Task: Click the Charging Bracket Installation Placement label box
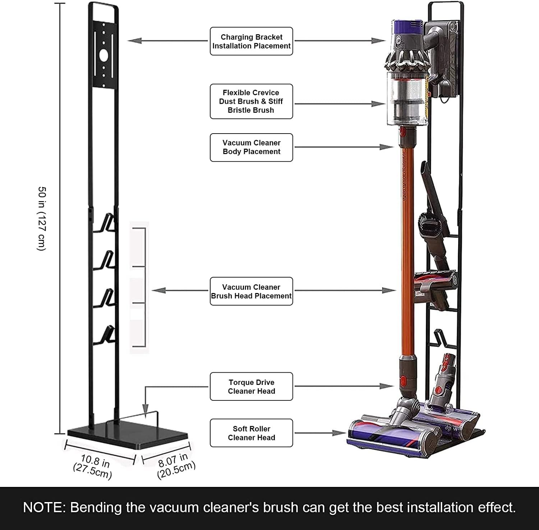(251, 41)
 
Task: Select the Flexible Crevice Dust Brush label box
(251, 101)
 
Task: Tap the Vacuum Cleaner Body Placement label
(251, 147)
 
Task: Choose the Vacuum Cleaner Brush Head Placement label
(251, 291)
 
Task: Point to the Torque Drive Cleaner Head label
(251, 386)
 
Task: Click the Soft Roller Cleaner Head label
(251, 433)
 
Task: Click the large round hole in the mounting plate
(103, 56)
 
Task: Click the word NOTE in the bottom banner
(44, 507)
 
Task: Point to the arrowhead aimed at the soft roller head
(339, 433)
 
